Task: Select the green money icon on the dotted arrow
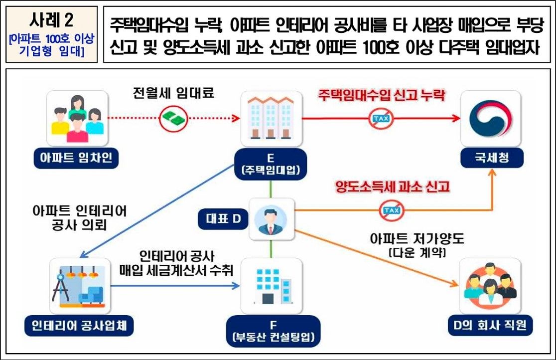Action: tap(172, 118)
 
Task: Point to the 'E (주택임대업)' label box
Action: tap(271, 164)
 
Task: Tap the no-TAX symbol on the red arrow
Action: tap(379, 118)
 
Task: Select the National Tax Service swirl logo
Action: tap(490, 118)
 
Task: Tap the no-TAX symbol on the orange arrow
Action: tap(390, 211)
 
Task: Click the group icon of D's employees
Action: tap(490, 287)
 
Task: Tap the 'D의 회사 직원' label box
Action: tap(489, 327)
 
